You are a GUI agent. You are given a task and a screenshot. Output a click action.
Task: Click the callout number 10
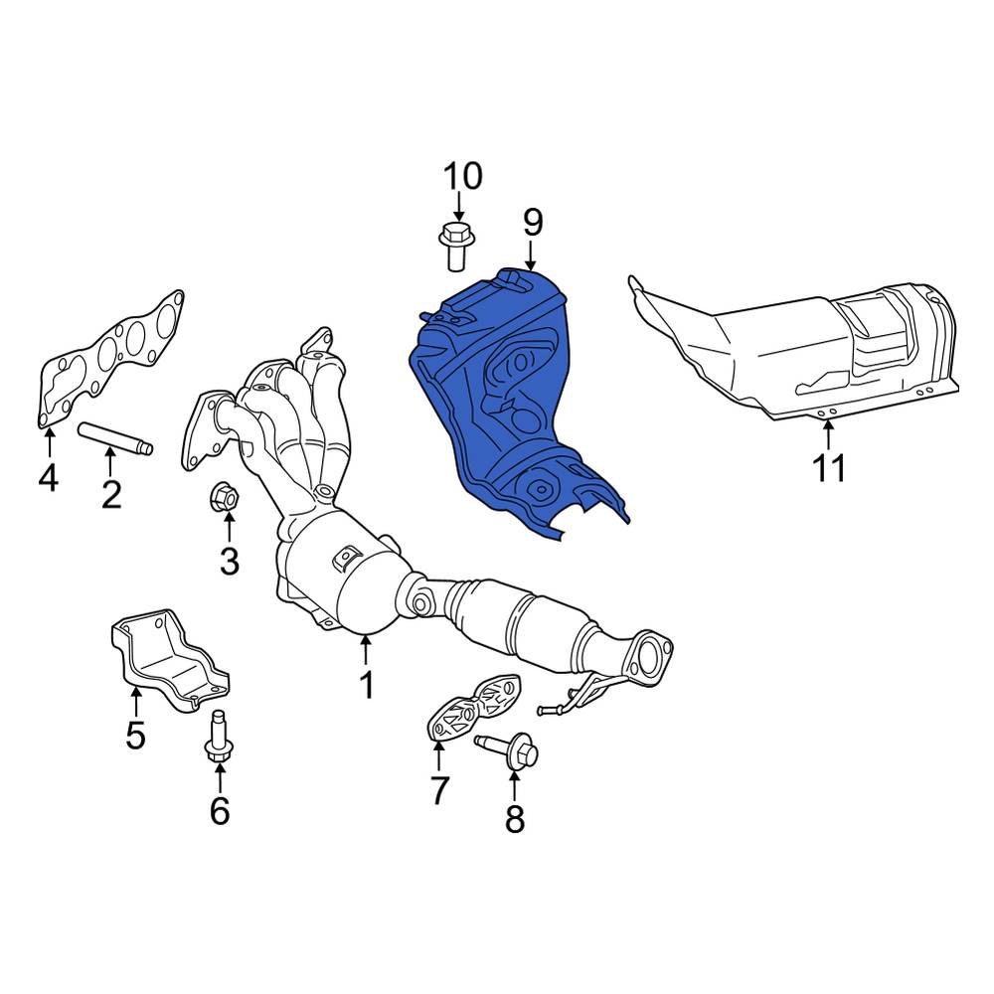(463, 176)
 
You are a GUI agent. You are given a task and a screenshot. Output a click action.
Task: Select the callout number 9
(533, 223)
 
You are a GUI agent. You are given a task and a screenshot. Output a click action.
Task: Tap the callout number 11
(829, 468)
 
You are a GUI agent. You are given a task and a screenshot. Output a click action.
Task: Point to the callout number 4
(48, 477)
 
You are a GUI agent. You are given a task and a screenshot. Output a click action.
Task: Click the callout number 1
(367, 685)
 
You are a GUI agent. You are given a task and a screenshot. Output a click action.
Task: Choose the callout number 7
(439, 790)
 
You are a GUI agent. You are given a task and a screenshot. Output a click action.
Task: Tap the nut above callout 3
(223, 495)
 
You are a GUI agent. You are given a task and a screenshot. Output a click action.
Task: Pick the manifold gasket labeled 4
(107, 359)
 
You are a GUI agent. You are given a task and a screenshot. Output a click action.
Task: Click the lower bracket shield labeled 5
(170, 661)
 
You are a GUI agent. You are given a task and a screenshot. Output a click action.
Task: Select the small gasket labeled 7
(475, 707)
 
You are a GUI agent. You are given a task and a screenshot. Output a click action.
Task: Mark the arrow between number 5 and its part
(134, 704)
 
